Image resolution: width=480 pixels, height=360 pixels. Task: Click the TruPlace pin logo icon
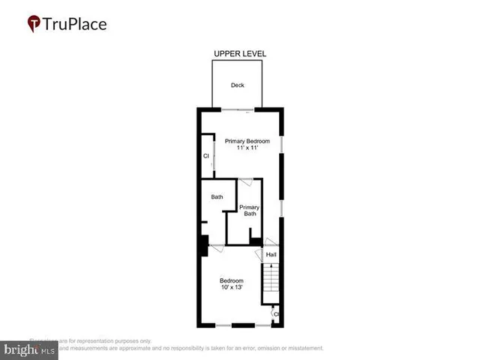34,24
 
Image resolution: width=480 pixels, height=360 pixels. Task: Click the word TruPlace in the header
76,24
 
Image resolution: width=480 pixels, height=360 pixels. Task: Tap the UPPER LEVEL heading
240,54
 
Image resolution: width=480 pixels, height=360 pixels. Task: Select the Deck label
237,85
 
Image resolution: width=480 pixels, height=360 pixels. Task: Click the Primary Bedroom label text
247,140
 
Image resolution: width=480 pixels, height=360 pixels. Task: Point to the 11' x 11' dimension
247,148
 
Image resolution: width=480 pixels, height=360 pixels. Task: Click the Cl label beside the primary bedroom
205,156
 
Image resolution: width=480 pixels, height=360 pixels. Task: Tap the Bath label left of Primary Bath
217,197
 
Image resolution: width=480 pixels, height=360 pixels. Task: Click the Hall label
271,255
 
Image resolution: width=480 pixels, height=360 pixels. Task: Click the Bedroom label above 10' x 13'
231,280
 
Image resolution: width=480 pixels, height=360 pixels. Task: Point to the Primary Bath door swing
244,183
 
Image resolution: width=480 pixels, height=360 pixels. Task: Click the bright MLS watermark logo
30,349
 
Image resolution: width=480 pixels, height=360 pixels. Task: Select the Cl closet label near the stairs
276,314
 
